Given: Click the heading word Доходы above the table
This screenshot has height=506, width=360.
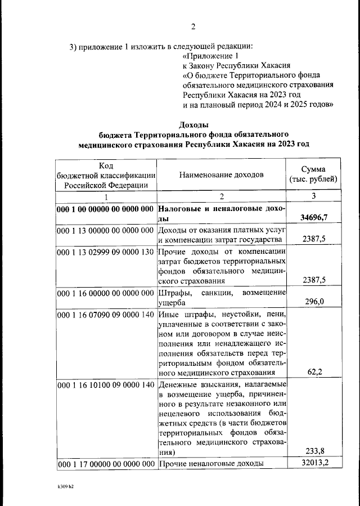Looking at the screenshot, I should coord(193,124).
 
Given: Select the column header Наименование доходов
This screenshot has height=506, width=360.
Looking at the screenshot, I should coord(221,174).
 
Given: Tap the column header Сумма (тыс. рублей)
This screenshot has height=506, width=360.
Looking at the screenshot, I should coord(313,174).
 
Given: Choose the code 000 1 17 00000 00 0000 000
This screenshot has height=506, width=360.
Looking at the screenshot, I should coord(105,464).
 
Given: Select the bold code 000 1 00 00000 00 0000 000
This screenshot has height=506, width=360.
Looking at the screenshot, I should coord(105,209).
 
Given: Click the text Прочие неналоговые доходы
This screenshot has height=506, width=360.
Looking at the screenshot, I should coord(210,464).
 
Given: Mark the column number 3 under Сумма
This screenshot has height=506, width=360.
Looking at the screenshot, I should coord(314,196).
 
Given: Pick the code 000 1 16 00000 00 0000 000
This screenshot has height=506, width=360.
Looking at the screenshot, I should coord(105,293).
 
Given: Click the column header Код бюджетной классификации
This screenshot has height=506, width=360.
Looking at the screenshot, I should coord(106,174).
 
